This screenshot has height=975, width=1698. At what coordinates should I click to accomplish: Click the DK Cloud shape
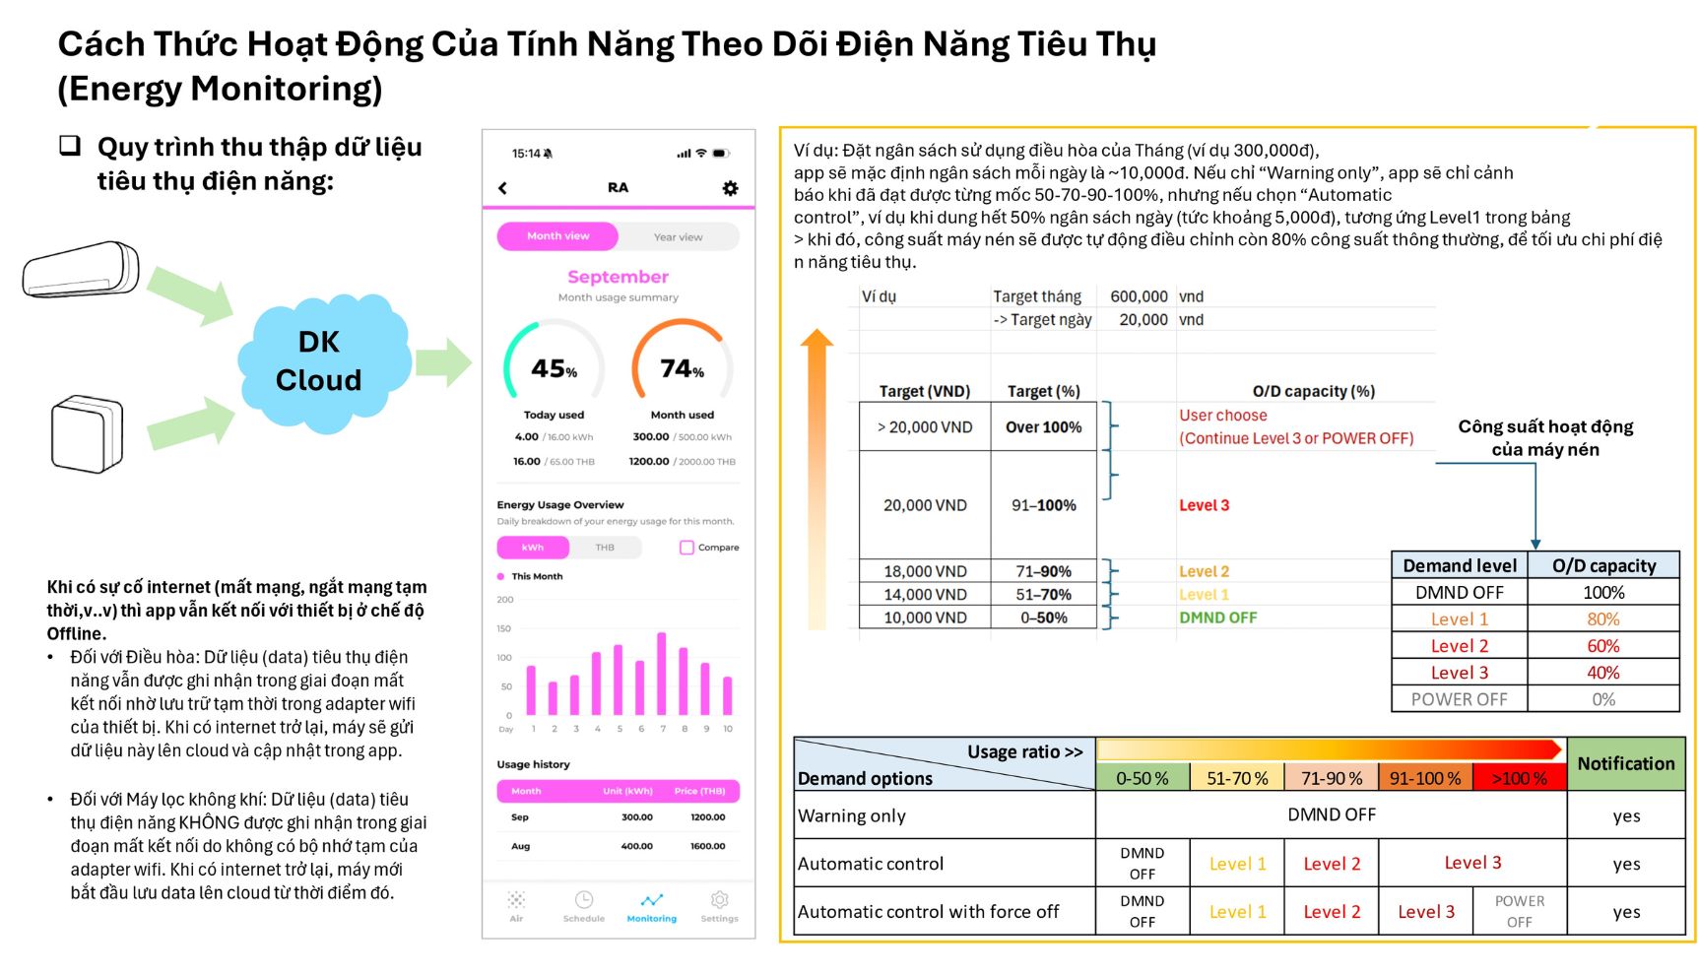[319, 362]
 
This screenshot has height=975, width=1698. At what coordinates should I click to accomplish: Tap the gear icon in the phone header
[730, 188]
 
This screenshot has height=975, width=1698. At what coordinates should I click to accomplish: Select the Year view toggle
[678, 236]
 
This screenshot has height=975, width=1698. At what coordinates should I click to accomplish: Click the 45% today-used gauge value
[554, 369]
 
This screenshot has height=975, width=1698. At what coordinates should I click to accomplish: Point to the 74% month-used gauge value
[682, 369]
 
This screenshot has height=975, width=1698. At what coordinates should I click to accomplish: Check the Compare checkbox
[686, 548]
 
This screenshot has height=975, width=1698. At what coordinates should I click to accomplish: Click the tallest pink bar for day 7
[662, 674]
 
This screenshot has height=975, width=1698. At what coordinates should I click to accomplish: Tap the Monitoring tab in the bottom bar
[651, 906]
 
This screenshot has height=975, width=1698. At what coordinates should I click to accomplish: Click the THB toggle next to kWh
[605, 548]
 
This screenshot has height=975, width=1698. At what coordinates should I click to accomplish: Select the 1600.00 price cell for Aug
[707, 846]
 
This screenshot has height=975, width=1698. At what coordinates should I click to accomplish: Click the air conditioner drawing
[81, 269]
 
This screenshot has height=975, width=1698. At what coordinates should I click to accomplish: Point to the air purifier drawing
[87, 434]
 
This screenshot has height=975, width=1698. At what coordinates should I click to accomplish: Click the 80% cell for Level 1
[1602, 619]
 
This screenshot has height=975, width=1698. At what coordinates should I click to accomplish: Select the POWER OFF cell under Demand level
[1459, 699]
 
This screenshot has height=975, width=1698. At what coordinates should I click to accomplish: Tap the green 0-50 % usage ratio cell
[1143, 778]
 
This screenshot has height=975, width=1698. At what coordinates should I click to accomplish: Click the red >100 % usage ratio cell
[1519, 778]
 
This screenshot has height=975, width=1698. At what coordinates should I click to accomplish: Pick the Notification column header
[1625, 764]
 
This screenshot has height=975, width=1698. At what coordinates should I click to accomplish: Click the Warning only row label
[852, 815]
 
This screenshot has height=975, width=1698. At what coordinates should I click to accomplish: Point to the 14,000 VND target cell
[925, 595]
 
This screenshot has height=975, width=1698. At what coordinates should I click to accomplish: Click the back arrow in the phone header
[503, 188]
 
